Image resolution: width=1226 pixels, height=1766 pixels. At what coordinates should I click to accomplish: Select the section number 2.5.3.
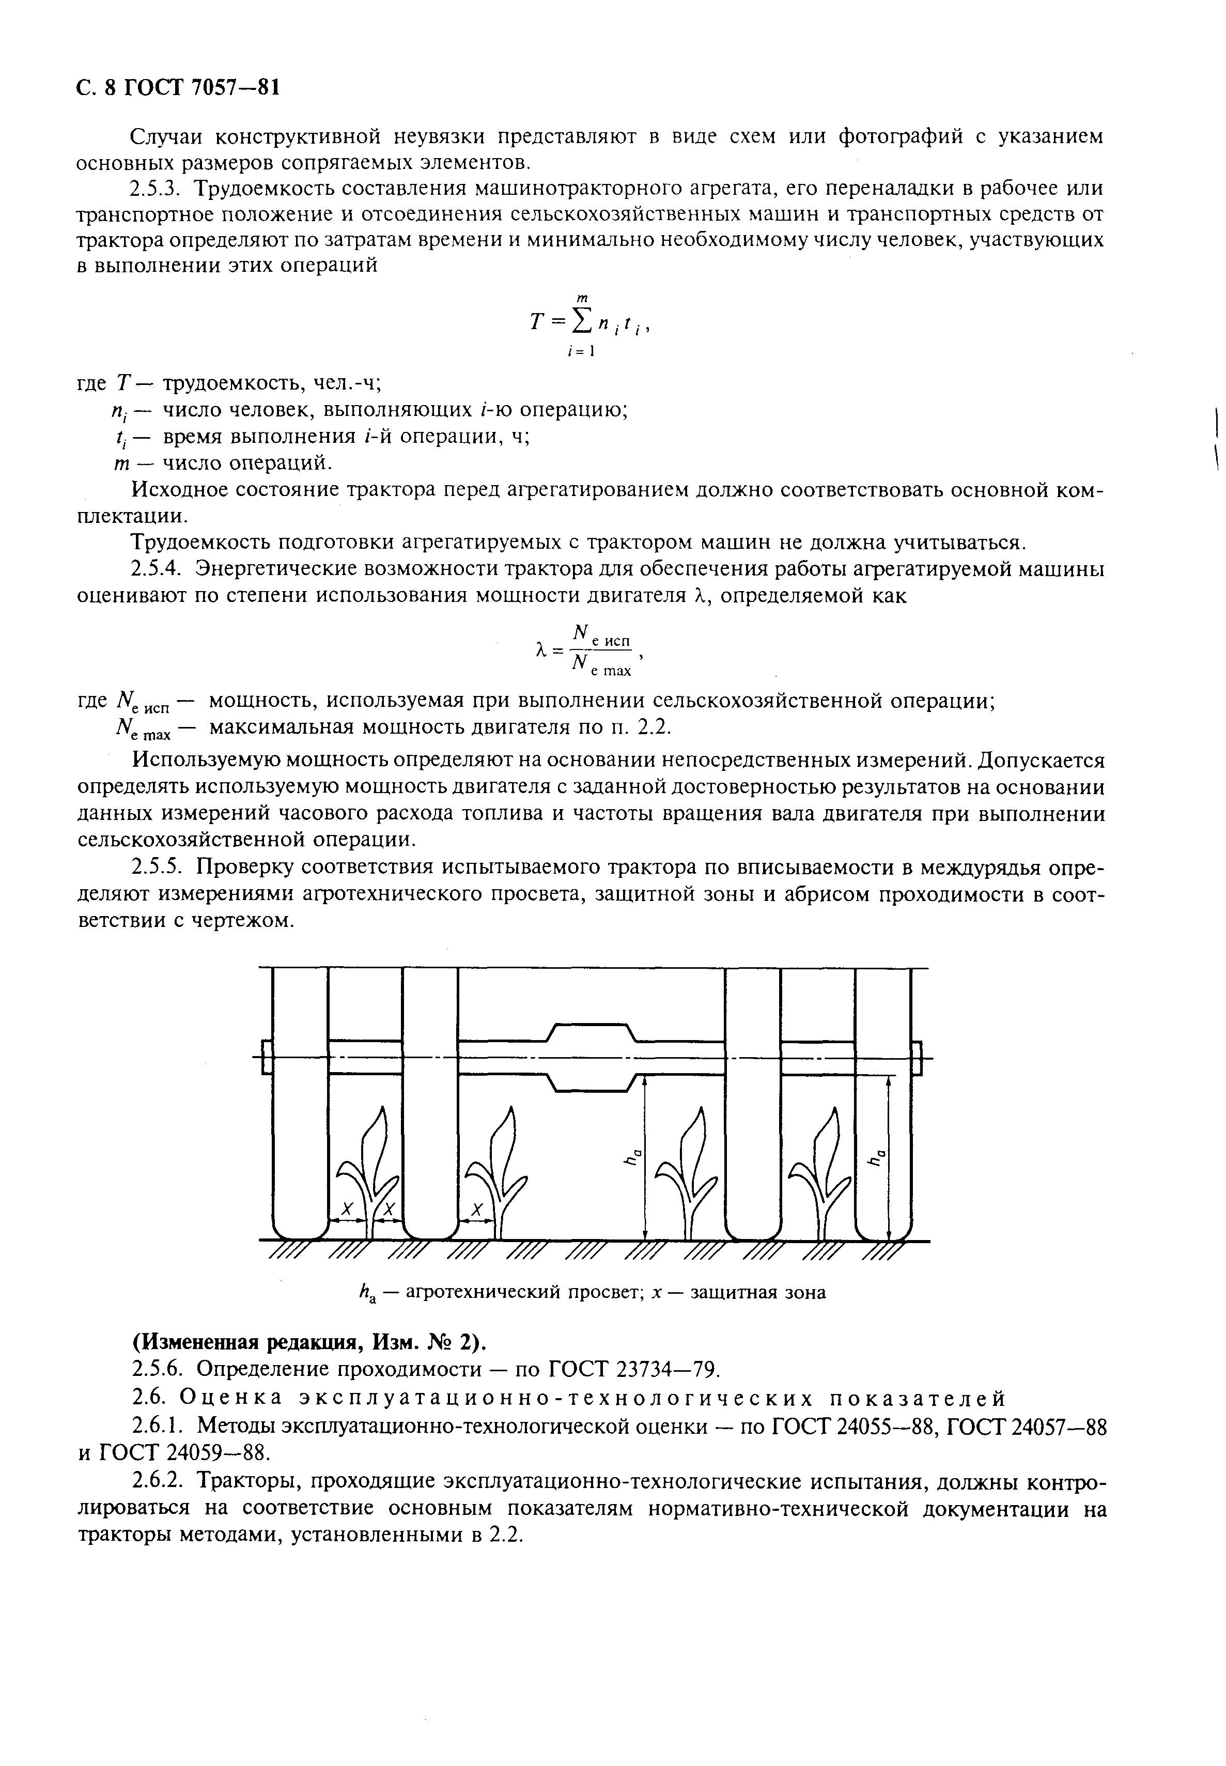coord(155,188)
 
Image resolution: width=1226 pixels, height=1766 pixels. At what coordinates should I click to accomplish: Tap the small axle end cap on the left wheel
coord(267,1058)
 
